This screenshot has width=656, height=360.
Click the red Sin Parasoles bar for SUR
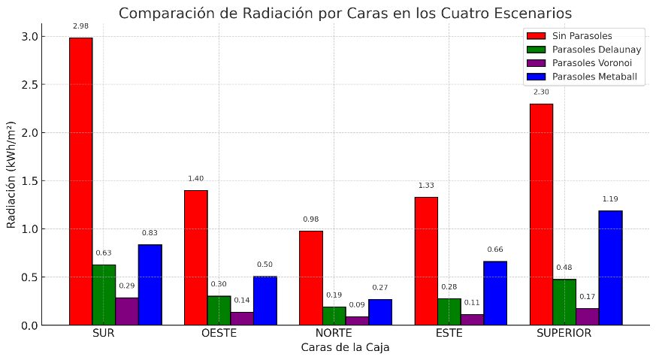click(80, 181)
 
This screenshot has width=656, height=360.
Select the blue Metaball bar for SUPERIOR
click(610, 268)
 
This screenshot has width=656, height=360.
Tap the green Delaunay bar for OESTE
click(219, 310)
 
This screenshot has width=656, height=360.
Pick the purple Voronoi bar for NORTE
click(357, 321)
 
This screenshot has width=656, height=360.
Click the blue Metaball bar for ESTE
click(495, 293)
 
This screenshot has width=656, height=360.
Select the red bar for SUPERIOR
click(541, 214)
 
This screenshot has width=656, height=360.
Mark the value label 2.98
click(80, 26)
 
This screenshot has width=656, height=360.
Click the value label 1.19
click(610, 199)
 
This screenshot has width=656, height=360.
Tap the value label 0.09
click(357, 305)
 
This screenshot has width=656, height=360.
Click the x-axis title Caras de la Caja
click(345, 347)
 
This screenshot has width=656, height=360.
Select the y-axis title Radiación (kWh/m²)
click(11, 174)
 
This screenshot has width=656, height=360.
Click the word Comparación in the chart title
click(161, 14)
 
